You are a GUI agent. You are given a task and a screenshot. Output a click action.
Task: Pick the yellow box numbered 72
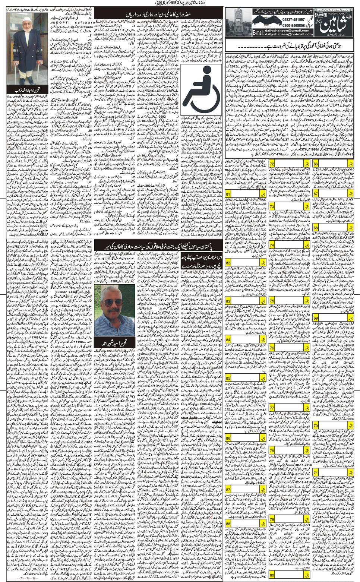(x=272, y=164)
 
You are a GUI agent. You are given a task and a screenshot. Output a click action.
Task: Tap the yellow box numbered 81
(x=228, y=194)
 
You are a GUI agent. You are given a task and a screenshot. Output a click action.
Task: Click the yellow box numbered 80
(x=272, y=575)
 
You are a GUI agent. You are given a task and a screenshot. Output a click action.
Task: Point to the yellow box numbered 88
(x=228, y=524)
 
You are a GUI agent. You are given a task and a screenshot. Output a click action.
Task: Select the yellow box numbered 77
(x=272, y=408)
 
